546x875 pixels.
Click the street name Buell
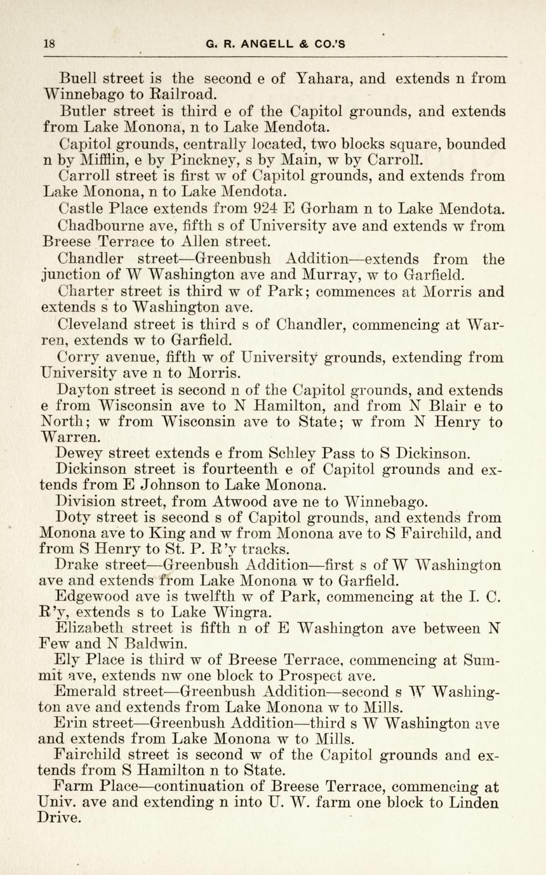tap(77, 79)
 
